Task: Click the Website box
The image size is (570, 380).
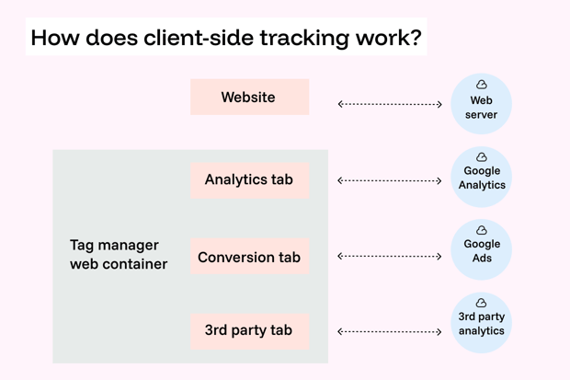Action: [x=249, y=97]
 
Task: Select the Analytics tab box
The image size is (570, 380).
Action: [x=249, y=179]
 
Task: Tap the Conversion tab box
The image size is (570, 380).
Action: [x=249, y=257]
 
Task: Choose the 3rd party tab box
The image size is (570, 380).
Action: [x=249, y=330]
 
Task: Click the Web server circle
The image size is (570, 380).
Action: [x=481, y=104]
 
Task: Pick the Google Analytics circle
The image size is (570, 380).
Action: [x=481, y=177]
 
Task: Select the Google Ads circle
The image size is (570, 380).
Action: [x=481, y=249]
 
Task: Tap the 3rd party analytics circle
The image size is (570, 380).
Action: [x=481, y=322]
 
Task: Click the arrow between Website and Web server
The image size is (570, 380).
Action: [x=390, y=104]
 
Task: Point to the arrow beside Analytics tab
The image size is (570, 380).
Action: [x=390, y=180]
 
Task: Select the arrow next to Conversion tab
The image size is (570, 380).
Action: [x=390, y=256]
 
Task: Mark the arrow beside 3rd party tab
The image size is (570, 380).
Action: [x=390, y=331]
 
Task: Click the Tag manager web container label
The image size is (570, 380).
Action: [x=119, y=255]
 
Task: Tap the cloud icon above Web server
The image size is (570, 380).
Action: [x=481, y=85]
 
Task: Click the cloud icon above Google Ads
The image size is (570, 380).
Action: [x=481, y=230]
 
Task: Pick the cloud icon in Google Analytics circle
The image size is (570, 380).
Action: [x=481, y=157]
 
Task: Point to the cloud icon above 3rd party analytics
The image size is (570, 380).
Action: [x=481, y=303]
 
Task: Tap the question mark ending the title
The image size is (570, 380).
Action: [x=416, y=38]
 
